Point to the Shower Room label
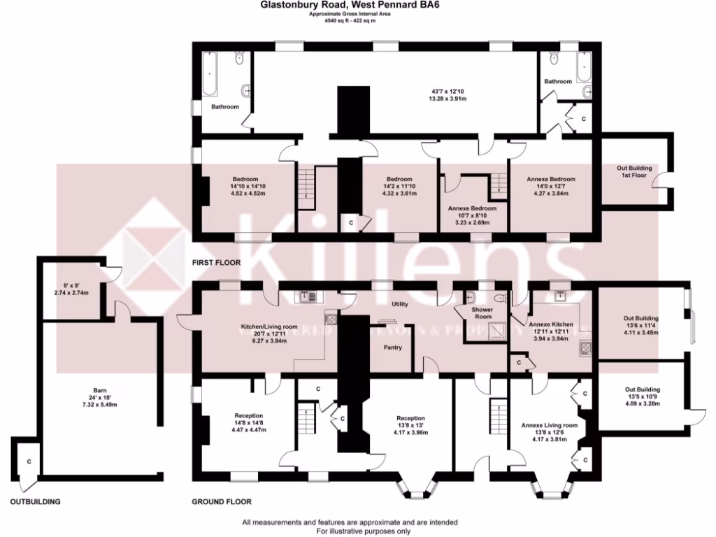[483, 313]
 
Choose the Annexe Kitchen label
[551, 325]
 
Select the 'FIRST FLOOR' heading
[216, 263]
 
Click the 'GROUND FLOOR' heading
[222, 501]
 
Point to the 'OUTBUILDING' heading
[35, 501]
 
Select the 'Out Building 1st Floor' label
[634, 172]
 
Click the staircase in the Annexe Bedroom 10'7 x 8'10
[497, 185]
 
